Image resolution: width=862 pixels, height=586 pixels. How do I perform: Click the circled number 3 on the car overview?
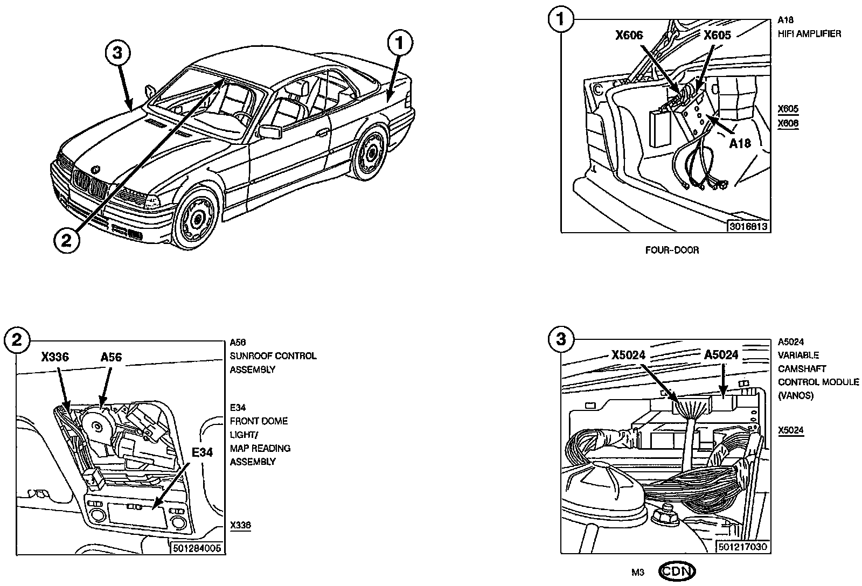click(x=118, y=53)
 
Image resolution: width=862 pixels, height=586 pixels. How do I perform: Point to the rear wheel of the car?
click(x=371, y=152)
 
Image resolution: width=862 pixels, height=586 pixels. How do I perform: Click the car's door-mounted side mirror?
click(x=269, y=132)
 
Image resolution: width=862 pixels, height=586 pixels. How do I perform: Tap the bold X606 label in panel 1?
click(x=629, y=36)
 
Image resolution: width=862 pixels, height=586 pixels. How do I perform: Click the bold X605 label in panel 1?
click(x=717, y=36)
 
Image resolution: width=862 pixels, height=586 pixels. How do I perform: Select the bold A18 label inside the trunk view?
click(x=740, y=143)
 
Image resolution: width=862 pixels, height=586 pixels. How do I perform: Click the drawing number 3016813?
click(x=748, y=226)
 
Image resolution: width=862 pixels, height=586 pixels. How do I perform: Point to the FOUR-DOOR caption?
click(x=672, y=250)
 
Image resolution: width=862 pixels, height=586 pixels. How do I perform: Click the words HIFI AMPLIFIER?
click(x=809, y=34)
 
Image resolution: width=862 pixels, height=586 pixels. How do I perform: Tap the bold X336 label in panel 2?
click(x=55, y=357)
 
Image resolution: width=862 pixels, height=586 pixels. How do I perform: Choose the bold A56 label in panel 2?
click(x=111, y=357)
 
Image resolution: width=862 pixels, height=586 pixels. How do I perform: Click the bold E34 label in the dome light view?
click(x=202, y=452)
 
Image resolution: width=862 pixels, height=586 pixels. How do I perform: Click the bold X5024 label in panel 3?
click(x=628, y=355)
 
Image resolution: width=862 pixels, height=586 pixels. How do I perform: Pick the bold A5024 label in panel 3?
click(x=721, y=355)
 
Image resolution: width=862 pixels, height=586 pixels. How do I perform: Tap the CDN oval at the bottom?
click(x=677, y=571)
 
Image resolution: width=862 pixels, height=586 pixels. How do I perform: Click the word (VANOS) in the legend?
click(x=795, y=395)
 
